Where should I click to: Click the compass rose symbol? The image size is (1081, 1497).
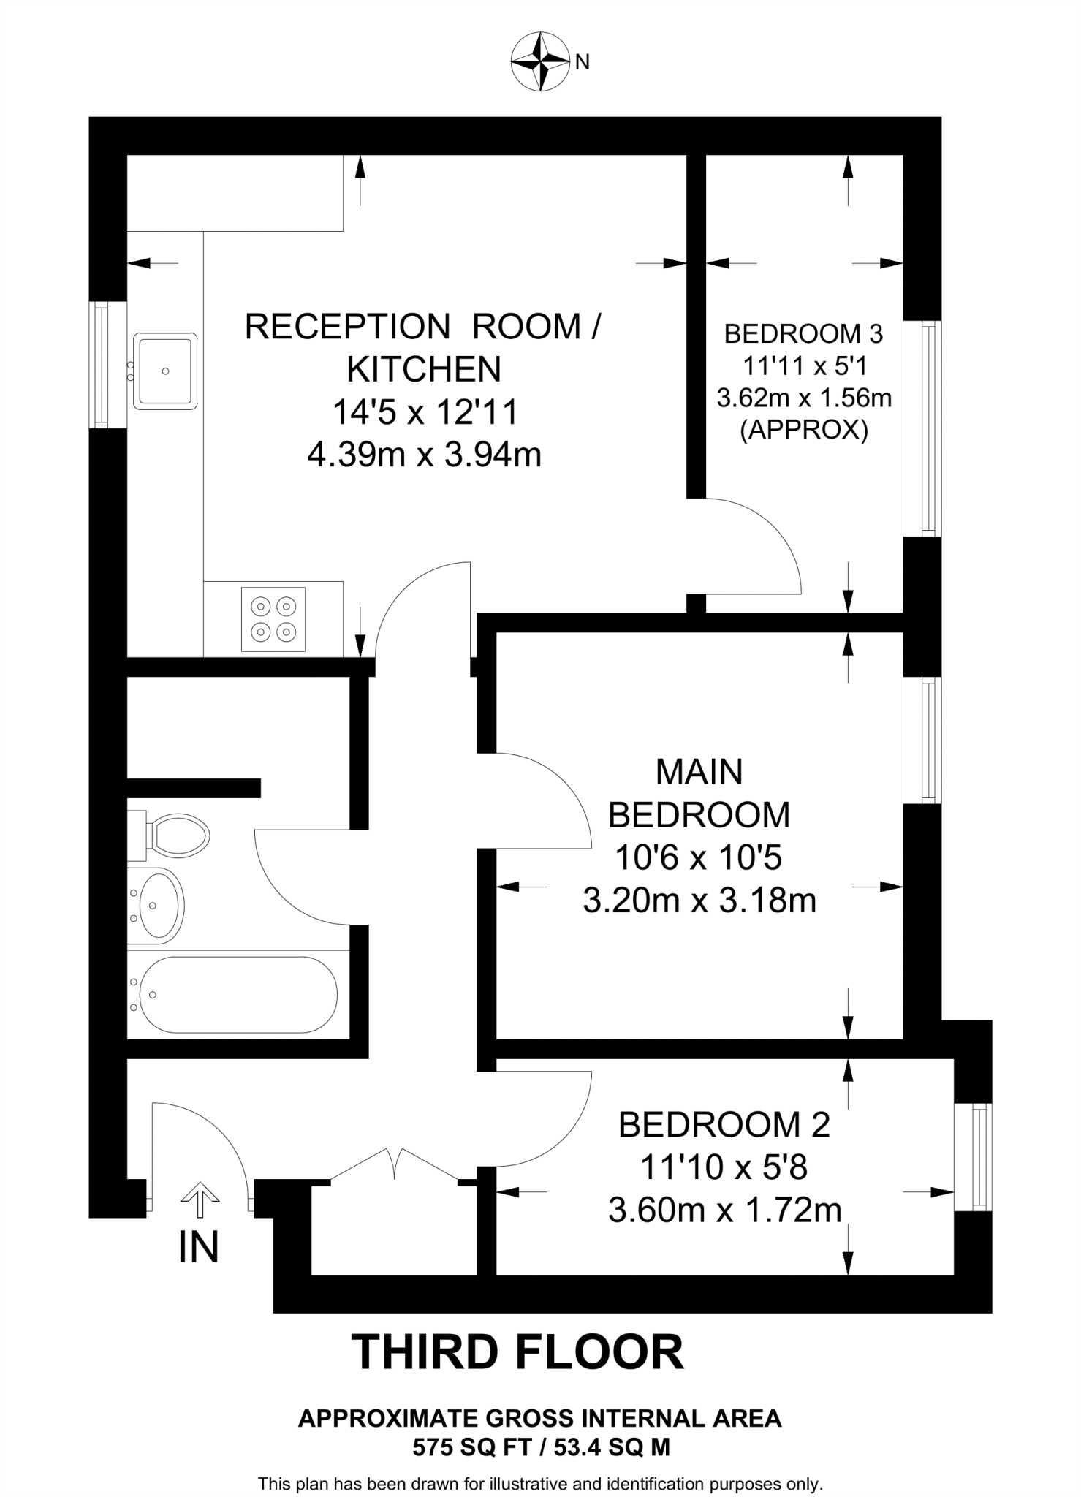[x=539, y=61]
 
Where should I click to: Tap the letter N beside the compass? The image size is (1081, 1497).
[x=583, y=63]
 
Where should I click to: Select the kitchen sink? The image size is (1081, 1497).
[x=165, y=371]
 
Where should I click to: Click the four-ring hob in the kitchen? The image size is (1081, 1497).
[x=273, y=618]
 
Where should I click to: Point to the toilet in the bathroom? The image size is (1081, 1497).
[x=170, y=835]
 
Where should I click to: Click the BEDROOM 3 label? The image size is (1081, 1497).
[x=803, y=334]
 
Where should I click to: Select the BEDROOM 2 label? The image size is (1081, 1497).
[x=724, y=1124]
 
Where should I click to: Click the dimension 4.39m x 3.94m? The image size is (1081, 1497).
[x=424, y=455]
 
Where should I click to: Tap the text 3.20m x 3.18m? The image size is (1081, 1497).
[x=699, y=901]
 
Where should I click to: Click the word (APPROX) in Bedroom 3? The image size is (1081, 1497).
[x=804, y=430]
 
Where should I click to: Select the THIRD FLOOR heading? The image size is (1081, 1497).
[x=518, y=1352]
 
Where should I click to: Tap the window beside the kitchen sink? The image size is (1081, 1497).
[x=101, y=365]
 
